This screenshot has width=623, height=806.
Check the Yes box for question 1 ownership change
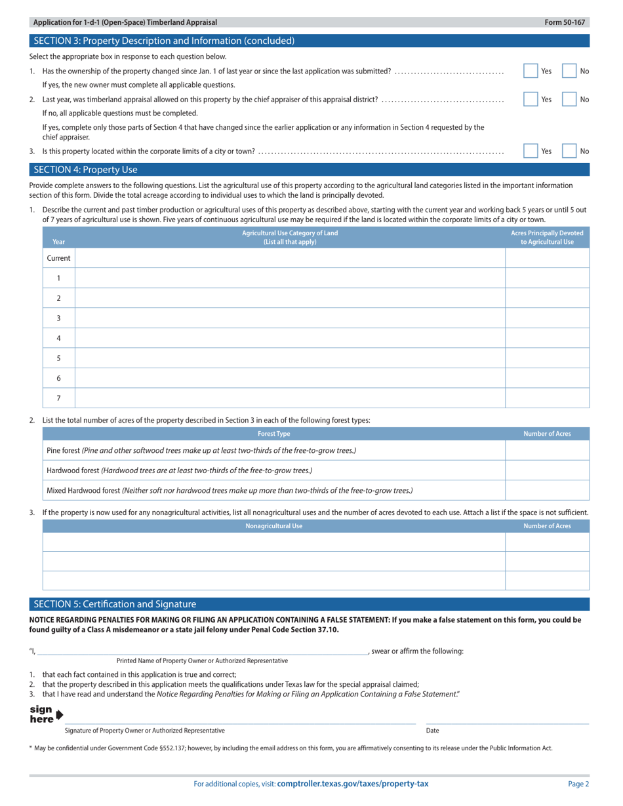pos(531,71)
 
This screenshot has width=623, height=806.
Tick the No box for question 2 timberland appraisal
pos(569,100)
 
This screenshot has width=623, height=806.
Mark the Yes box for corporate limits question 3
pos(531,151)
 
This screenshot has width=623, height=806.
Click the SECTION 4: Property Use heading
pos(86,170)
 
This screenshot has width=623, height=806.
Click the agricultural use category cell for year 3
pos(290,318)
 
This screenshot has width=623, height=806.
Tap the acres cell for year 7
pos(547,398)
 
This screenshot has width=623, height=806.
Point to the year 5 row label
pos(58,358)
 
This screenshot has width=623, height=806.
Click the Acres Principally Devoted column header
pos(547,237)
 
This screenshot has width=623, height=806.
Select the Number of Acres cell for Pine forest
pos(547,450)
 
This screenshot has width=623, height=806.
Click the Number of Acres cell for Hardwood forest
pos(547,470)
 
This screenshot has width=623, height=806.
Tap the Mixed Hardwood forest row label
pos(230,490)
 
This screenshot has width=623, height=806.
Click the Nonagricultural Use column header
pos(273,526)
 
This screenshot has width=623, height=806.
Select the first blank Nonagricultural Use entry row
pos(273,542)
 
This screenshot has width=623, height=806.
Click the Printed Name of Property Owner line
pos(202,651)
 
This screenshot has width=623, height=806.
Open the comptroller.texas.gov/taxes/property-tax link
pos(353,784)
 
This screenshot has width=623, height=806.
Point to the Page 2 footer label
pos(578,784)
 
